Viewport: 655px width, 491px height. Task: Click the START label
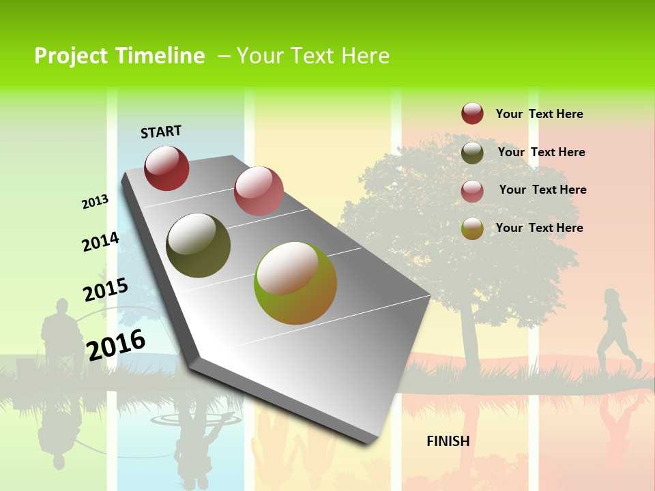pyautogui.click(x=161, y=132)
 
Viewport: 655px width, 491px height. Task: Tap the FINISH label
pyautogui.click(x=448, y=441)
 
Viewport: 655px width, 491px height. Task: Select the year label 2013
pyautogui.click(x=95, y=202)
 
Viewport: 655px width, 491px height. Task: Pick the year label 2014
pyautogui.click(x=100, y=241)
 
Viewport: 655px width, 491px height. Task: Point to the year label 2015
pyautogui.click(x=105, y=289)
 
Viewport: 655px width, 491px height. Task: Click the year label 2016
pyautogui.click(x=116, y=344)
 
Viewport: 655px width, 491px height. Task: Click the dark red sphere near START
pyautogui.click(x=166, y=168)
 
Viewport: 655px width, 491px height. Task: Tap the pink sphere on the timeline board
pyautogui.click(x=259, y=191)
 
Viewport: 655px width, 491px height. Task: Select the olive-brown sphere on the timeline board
pyautogui.click(x=198, y=245)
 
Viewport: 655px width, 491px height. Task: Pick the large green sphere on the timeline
pyautogui.click(x=295, y=283)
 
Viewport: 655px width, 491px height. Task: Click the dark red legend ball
pyautogui.click(x=472, y=114)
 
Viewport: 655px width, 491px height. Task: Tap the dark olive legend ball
pyautogui.click(x=472, y=153)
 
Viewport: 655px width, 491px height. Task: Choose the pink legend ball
pyautogui.click(x=472, y=191)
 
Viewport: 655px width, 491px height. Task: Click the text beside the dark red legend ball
pyautogui.click(x=539, y=114)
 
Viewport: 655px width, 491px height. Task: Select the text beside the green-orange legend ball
pyautogui.click(x=539, y=228)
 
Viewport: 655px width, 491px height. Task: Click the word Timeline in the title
pyautogui.click(x=160, y=56)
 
